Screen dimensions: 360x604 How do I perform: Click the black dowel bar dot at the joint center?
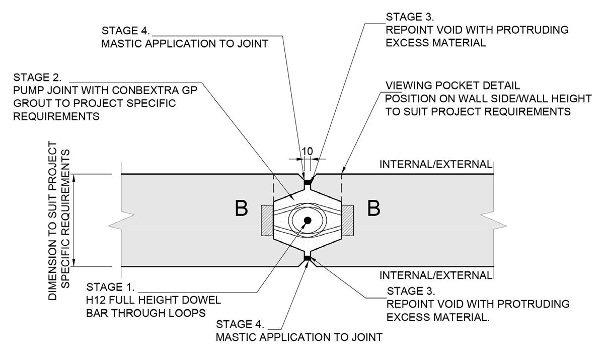pyautogui.click(x=307, y=221)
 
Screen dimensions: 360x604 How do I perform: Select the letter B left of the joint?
pyautogui.click(x=242, y=209)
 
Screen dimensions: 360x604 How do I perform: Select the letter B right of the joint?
pyautogui.click(x=373, y=208)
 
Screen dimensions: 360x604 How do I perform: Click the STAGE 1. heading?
pyautogui.click(x=110, y=287)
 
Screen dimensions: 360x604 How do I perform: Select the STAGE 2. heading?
pyautogui.click(x=37, y=78)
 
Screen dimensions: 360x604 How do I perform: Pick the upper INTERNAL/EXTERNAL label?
pyautogui.click(x=435, y=164)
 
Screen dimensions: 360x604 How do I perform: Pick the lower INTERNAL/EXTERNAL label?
pyautogui.click(x=435, y=275)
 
